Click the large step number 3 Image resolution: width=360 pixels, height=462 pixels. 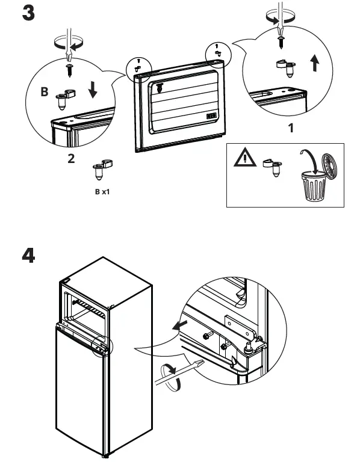(x=28, y=13)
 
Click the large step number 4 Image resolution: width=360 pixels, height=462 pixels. (x=28, y=256)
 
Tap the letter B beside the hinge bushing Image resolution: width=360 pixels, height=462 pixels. (x=44, y=93)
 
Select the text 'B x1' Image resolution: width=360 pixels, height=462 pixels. (x=102, y=192)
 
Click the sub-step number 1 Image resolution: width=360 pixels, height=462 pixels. (x=291, y=128)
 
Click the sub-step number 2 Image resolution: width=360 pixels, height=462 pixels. (x=71, y=159)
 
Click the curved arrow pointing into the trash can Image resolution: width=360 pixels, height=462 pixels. (x=310, y=159)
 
